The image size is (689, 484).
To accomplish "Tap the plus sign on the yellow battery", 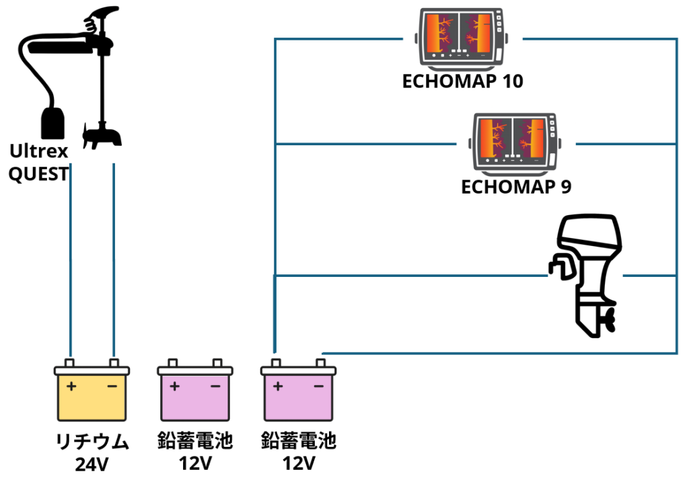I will tap(71, 387).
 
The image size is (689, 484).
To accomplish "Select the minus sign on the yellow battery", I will tap(112, 387).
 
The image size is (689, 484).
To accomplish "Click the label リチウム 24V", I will tap(92, 452).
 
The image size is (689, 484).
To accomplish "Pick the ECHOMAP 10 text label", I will tap(462, 82).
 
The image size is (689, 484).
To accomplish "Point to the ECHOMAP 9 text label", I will tap(516, 186).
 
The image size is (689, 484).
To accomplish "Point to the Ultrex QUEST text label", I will tap(39, 162).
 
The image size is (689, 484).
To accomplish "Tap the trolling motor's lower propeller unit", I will tap(102, 136).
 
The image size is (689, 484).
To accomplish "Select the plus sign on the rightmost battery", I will tap(277, 387).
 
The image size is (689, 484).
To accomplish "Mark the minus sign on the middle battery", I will tap(215, 387).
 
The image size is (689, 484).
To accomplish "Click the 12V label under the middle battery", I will tap(195, 463).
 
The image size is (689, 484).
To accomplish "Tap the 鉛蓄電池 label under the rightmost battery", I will tap(298, 442).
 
